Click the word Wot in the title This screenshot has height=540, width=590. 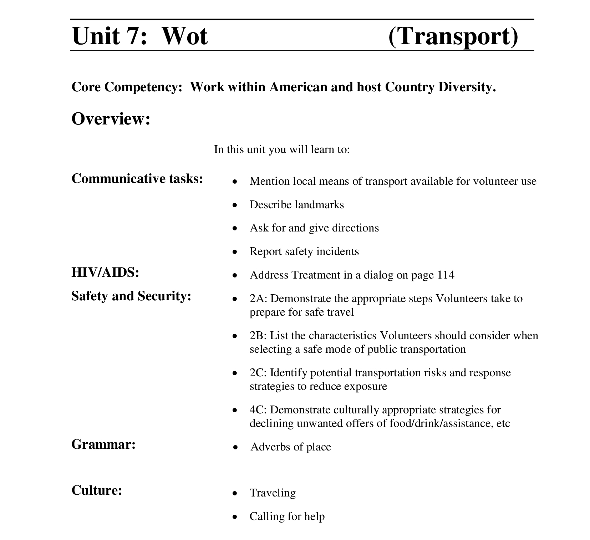185,36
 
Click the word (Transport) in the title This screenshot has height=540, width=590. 453,36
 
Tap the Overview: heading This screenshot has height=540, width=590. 111,119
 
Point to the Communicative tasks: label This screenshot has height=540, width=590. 137,178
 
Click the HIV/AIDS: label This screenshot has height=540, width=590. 105,272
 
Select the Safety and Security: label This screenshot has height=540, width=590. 131,296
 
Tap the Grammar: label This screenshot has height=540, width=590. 103,444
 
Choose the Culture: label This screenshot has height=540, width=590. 97,490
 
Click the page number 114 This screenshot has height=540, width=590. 446,275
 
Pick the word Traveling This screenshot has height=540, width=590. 273,493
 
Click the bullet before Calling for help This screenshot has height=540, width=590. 234,517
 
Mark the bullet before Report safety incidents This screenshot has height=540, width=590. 234,252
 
